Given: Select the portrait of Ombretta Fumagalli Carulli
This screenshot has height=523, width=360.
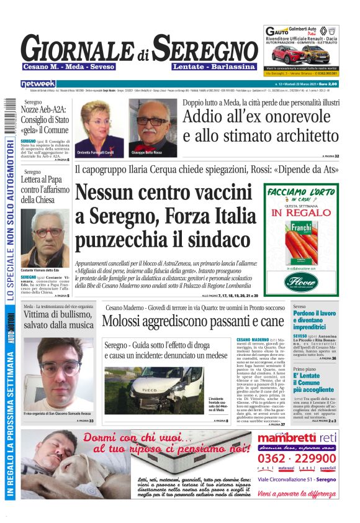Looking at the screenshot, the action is tap(99, 127).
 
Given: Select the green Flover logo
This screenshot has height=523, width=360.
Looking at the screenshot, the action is tap(301, 281).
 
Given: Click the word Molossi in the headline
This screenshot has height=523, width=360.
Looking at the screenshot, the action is tap(125, 321).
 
